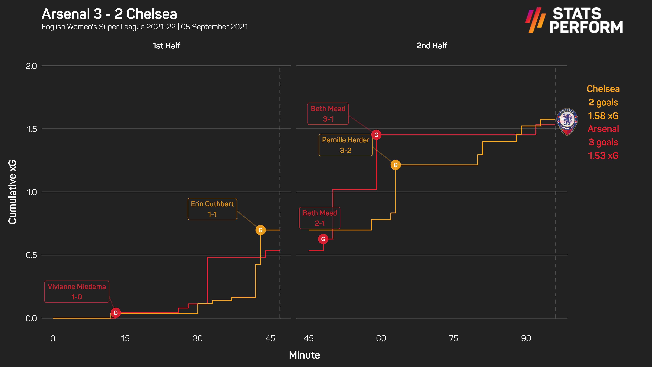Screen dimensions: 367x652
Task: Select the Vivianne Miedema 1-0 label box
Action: [77, 292]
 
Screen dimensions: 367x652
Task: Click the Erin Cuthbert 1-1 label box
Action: [212, 209]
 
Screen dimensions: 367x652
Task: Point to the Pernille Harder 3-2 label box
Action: [346, 145]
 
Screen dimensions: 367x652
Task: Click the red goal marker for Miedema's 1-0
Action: [116, 313]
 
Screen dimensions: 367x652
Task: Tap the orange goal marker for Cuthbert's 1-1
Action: [260, 230]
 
